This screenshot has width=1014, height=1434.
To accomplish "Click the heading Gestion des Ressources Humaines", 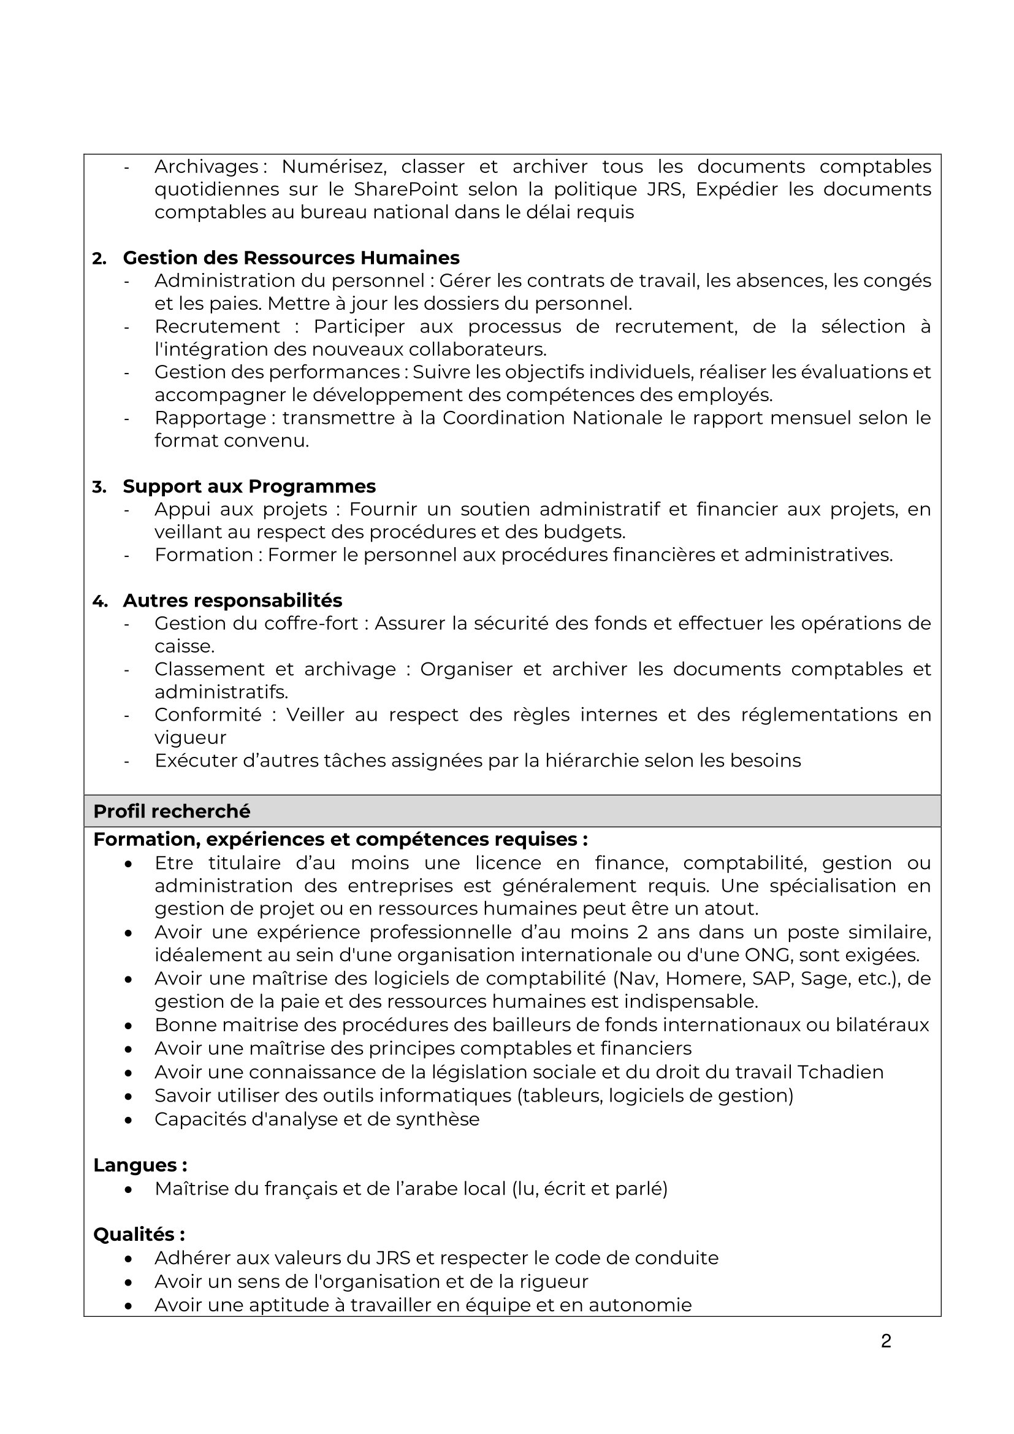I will click(291, 258).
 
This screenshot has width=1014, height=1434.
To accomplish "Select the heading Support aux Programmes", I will click(249, 486).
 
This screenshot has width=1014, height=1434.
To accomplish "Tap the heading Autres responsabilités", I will click(232, 600).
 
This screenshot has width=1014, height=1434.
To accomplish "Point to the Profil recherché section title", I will click(172, 811).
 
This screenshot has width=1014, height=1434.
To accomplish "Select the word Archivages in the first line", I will click(207, 167).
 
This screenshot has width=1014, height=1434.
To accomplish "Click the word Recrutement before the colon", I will click(217, 326).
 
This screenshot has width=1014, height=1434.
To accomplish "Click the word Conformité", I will click(208, 715).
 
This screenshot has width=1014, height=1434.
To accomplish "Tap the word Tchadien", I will click(841, 1072).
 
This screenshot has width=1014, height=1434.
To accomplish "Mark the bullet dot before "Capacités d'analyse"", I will click(128, 1120).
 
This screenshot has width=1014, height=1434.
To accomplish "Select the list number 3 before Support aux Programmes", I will click(98, 487).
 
